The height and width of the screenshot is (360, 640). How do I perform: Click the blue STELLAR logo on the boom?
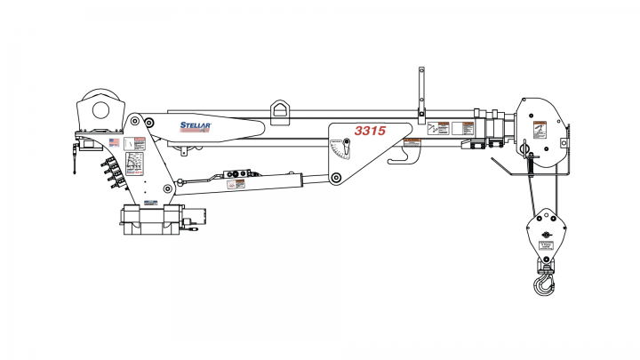pyautogui.click(x=195, y=126)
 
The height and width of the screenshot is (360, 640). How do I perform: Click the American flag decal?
pyautogui.click(x=114, y=141)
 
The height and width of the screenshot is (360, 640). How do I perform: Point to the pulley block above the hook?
pyautogui.click(x=544, y=233)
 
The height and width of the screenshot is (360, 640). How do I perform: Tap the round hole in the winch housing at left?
pyautogui.click(x=95, y=111)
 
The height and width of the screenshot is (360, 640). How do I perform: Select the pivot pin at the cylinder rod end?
pyautogui.click(x=336, y=179)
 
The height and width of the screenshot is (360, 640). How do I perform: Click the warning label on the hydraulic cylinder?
pyautogui.click(x=236, y=184)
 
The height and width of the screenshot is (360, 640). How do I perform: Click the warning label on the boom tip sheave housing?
pyautogui.click(x=538, y=131)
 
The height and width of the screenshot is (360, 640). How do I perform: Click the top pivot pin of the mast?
pyautogui.click(x=134, y=121)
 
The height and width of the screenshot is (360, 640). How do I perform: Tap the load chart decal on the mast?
pyautogui.click(x=136, y=163)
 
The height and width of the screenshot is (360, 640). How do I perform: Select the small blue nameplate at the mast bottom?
pyautogui.click(x=150, y=203)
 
